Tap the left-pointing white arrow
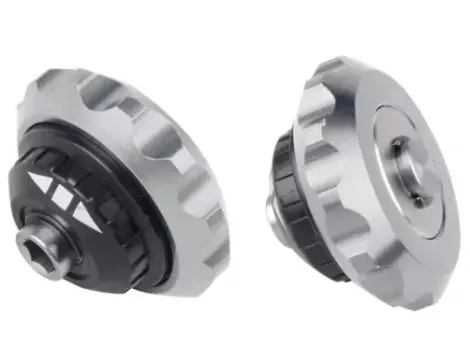pyautogui.click(x=43, y=186)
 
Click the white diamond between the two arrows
pyautogui.click(x=66, y=194)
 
